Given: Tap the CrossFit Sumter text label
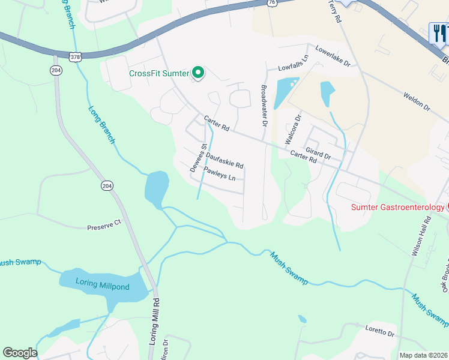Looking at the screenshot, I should click(159, 74).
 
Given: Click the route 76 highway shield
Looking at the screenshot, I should click(272, 3).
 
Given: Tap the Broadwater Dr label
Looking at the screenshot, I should click(263, 106).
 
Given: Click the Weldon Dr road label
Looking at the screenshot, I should click(417, 101).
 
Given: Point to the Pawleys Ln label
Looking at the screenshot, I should click(223, 174).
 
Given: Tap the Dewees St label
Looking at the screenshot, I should click(199, 158).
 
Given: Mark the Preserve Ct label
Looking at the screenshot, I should click(104, 228).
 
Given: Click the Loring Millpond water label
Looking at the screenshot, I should click(102, 286).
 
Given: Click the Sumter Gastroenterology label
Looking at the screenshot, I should click(398, 208).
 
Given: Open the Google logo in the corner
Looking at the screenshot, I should click(20, 353).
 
